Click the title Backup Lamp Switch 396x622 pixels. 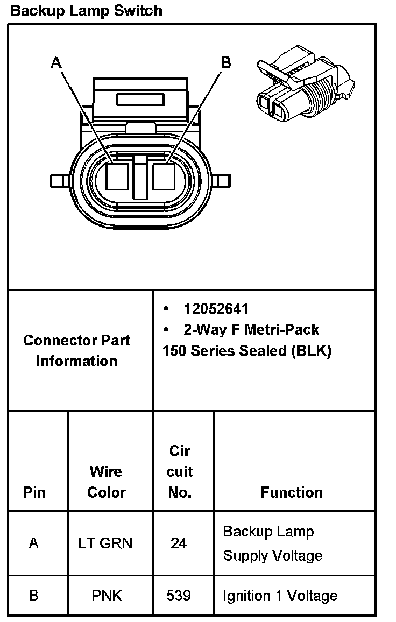click(x=87, y=10)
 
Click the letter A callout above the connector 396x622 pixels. click(x=56, y=63)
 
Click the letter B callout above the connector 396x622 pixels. click(x=226, y=62)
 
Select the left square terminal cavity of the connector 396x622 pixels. click(x=117, y=176)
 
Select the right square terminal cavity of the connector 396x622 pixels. click(x=164, y=176)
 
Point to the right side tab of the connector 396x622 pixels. click(x=222, y=180)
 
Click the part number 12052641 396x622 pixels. click(x=216, y=309)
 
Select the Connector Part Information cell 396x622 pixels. click(x=76, y=350)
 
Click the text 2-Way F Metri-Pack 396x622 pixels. click(x=251, y=329)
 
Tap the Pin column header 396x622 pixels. click(x=34, y=492)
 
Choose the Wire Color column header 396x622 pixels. click(x=106, y=482)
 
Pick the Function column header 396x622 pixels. click(x=292, y=492)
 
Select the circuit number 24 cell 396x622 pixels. click(x=179, y=543)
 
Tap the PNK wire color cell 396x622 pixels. click(x=107, y=596)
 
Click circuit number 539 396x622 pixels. click(x=179, y=596)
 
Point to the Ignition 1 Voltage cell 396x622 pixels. click(x=280, y=596)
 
